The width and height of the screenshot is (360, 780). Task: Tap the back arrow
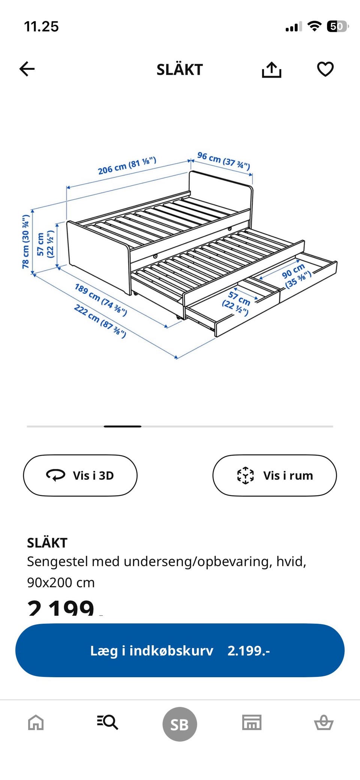(27, 69)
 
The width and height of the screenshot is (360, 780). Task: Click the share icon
(271, 70)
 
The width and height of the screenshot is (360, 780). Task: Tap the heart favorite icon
(325, 69)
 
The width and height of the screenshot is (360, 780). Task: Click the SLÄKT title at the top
(180, 70)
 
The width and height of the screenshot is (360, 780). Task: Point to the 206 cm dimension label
(127, 165)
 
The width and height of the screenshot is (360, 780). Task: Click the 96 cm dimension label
(223, 161)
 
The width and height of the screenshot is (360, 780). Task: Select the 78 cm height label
(26, 242)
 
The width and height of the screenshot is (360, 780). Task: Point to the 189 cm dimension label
(100, 299)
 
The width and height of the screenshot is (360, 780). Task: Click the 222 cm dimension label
(100, 320)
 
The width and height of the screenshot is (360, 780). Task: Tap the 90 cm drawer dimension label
(296, 275)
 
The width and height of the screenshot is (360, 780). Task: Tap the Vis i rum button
(274, 475)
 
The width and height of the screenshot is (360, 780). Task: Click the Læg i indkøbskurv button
(180, 650)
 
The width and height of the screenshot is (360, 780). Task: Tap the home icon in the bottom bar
(36, 722)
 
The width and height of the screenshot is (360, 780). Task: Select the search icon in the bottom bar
(108, 722)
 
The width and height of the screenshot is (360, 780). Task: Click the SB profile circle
(180, 724)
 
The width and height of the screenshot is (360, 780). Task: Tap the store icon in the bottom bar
(252, 722)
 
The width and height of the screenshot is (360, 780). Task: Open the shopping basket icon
(324, 722)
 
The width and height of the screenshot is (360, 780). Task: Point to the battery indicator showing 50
(337, 27)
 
